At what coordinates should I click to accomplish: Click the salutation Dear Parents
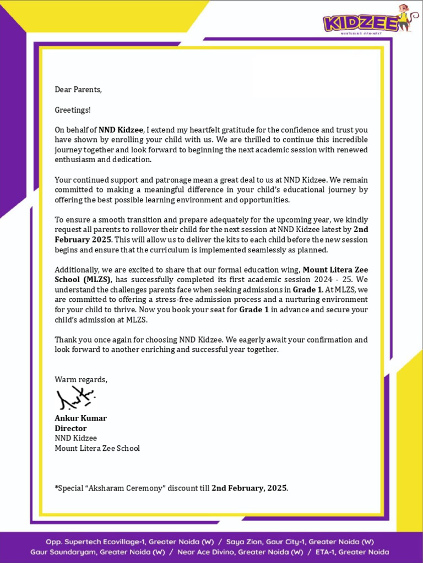78,90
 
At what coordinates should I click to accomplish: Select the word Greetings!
72,110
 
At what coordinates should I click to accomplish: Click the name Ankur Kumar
80,418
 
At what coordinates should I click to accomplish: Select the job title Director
70,428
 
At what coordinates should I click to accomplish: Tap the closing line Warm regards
81,379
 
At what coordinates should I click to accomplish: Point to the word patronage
173,180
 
